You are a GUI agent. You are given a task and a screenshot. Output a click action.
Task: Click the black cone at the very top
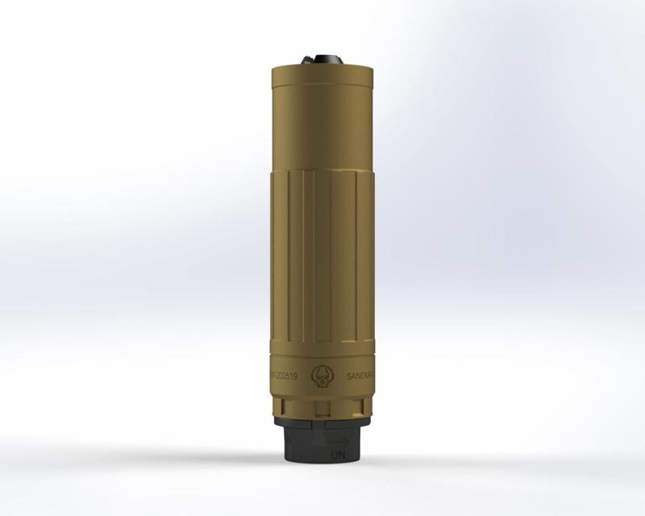click(x=322, y=58)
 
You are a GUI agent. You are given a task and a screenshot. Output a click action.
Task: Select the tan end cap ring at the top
click(x=322, y=73)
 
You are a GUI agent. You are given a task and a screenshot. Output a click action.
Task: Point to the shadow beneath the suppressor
click(x=322, y=468)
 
